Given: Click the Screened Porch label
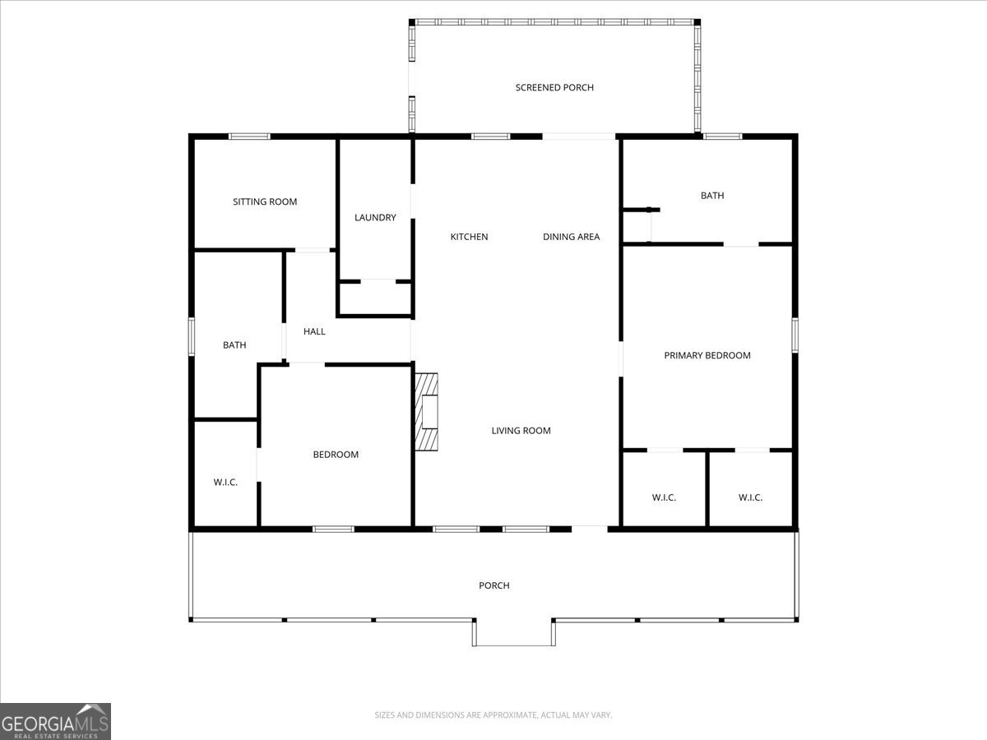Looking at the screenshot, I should tap(554, 87).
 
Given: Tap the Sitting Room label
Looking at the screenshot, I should tap(265, 201).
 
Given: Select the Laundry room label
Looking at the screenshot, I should tap(375, 218).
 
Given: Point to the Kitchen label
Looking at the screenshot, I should tap(469, 237).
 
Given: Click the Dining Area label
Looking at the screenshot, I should tap(571, 237).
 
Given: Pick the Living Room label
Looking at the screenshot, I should tap(521, 431).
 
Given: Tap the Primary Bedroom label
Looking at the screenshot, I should tap(707, 355).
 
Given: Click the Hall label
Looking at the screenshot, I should tap(314, 331).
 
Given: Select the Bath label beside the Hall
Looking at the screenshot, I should tap(234, 345).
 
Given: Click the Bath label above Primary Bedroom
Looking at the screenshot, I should tap(712, 196).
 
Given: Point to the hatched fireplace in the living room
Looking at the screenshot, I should tap(426, 412).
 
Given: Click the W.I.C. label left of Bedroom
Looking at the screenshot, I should tap(225, 483).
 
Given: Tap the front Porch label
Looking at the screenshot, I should tap(494, 585).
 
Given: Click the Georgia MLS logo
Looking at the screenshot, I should tap(55, 721).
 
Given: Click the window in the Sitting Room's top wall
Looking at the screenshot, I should tap(249, 136).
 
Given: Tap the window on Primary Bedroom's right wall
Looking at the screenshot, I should tap(795, 335).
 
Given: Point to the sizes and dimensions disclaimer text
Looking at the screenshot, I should tap(493, 715).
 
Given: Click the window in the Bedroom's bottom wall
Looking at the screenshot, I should tap(333, 529).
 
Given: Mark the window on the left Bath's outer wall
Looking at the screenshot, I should tap(192, 337).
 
